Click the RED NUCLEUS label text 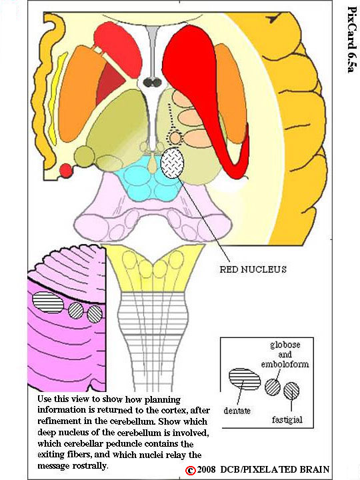point(253,269)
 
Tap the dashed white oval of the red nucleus point(173,163)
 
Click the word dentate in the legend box point(237,411)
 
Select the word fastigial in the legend point(287,419)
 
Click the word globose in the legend point(285,345)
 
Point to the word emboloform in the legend point(285,364)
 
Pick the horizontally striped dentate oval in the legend point(245,379)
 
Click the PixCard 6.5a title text point(351,39)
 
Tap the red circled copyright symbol point(191,470)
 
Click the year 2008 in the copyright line point(207,470)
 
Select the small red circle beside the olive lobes point(66,171)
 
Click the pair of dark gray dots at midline point(153,83)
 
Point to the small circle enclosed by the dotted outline point(175,138)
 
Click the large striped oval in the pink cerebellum point(48,302)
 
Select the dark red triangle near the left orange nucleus point(110,82)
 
